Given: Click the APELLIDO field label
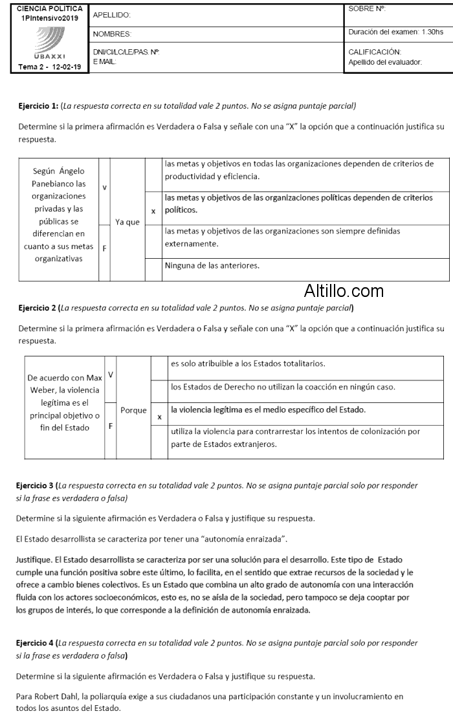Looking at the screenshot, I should pos(112,14).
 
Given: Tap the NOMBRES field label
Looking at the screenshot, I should pos(112,34).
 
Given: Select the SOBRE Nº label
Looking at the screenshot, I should pos(366,9).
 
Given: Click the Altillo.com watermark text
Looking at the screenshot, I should pos(344,291).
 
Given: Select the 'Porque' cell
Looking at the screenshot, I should pos(133,410).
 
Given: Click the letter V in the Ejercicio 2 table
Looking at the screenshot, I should pos(110,375).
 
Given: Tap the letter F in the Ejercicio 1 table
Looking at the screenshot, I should pos(104,247).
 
